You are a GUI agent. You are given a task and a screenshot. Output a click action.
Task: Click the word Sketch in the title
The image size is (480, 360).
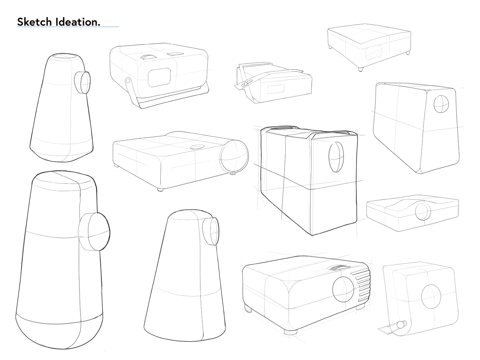(34, 22)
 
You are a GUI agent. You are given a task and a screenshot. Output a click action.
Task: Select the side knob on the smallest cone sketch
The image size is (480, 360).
(82, 83)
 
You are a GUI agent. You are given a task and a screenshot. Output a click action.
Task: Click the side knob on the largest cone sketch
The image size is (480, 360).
(94, 232)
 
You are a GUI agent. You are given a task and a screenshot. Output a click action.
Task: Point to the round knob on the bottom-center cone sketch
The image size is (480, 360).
(210, 231)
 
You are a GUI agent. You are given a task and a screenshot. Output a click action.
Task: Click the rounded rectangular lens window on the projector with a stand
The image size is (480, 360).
(159, 77)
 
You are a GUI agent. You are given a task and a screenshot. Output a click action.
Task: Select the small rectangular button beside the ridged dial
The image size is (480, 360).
(177, 54)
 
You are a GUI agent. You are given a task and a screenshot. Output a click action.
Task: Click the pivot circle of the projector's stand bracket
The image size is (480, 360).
(128, 81)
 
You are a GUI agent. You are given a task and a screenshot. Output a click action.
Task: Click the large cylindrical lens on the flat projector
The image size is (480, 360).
(234, 156)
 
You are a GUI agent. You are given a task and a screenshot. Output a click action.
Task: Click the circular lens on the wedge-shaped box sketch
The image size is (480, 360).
(441, 104)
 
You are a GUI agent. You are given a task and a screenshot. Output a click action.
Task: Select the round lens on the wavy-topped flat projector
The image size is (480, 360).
(423, 212)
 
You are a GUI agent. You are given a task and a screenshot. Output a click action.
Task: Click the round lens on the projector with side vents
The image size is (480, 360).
(343, 287)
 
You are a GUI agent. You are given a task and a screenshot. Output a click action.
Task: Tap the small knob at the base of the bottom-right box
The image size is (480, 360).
(400, 324)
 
